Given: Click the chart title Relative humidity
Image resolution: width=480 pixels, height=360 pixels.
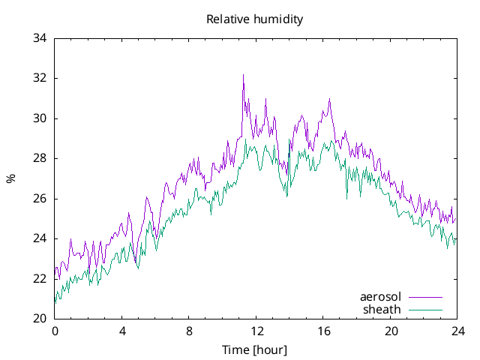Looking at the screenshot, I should [254, 19].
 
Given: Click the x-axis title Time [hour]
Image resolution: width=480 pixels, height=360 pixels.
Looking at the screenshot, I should [254, 350].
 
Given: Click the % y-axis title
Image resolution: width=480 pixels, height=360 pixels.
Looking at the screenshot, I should [10, 178].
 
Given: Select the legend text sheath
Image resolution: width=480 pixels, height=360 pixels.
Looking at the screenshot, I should [382, 309].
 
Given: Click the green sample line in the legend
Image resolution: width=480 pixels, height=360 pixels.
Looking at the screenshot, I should [424, 309].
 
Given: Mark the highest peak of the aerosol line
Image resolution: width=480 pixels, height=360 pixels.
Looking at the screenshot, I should [243, 75].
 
